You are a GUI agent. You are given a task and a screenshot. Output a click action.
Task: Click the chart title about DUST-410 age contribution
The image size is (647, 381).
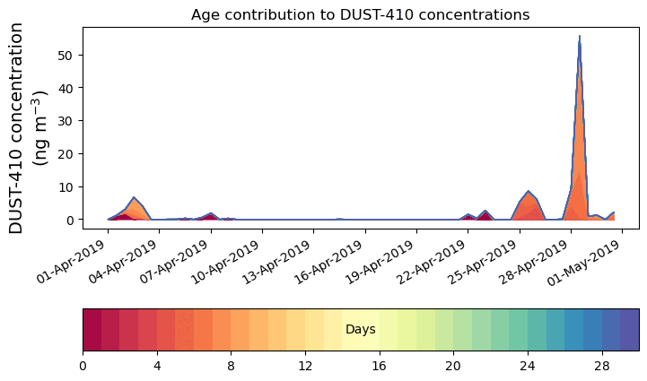[x=360, y=14]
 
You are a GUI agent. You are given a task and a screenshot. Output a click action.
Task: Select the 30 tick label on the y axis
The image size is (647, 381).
[x=66, y=121]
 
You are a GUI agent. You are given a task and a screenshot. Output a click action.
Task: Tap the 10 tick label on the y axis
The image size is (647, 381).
[x=66, y=186]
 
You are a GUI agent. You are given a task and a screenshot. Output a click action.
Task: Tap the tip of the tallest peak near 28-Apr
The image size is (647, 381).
[x=580, y=37]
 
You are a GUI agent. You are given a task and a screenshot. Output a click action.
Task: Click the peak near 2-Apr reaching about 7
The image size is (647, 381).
[x=134, y=198]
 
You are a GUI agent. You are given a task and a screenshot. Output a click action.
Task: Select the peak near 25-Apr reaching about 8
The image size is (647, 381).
[x=529, y=193]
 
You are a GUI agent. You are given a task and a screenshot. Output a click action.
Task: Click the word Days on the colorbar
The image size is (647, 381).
[x=360, y=330]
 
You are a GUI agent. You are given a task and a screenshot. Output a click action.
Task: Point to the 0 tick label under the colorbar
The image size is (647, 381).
[x=83, y=366]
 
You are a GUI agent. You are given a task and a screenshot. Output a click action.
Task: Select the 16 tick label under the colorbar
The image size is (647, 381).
[x=379, y=366]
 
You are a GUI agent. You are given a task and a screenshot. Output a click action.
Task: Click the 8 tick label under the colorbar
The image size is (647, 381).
[x=231, y=366]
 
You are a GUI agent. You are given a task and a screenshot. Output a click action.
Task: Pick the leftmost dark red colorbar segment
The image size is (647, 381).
[x=92, y=330]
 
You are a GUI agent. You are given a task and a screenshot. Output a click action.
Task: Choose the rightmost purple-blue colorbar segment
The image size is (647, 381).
[x=629, y=330]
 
